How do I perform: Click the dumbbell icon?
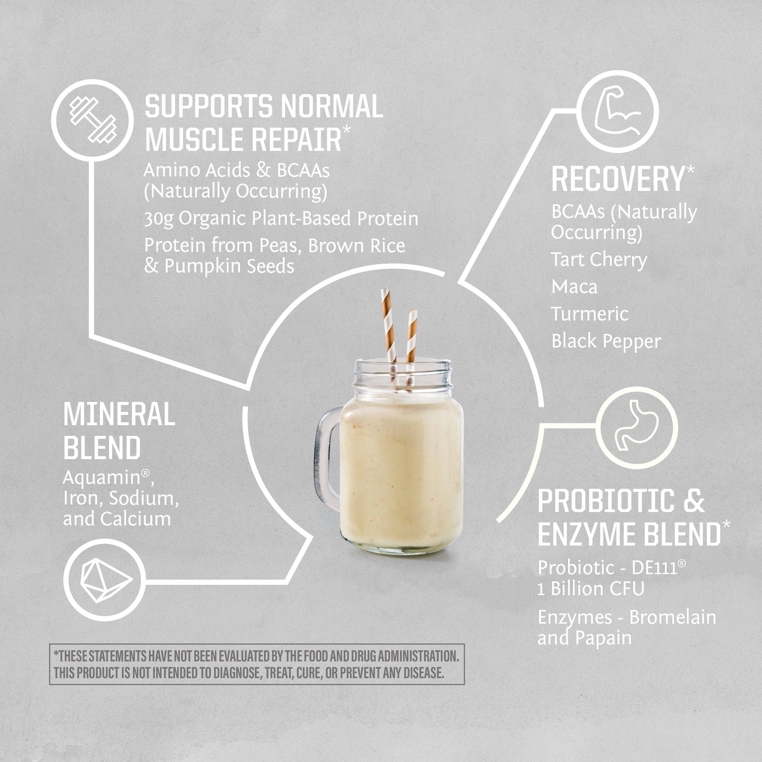(93, 120)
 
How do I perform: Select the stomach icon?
(637, 425)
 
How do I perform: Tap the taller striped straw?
(389, 333)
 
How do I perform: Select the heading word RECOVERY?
(618, 179)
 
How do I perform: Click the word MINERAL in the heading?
(119, 414)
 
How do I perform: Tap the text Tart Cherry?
(599, 261)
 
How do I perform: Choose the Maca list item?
(574, 287)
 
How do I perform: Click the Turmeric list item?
(590, 314)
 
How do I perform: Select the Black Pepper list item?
(606, 341)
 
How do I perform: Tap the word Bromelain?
(672, 617)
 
